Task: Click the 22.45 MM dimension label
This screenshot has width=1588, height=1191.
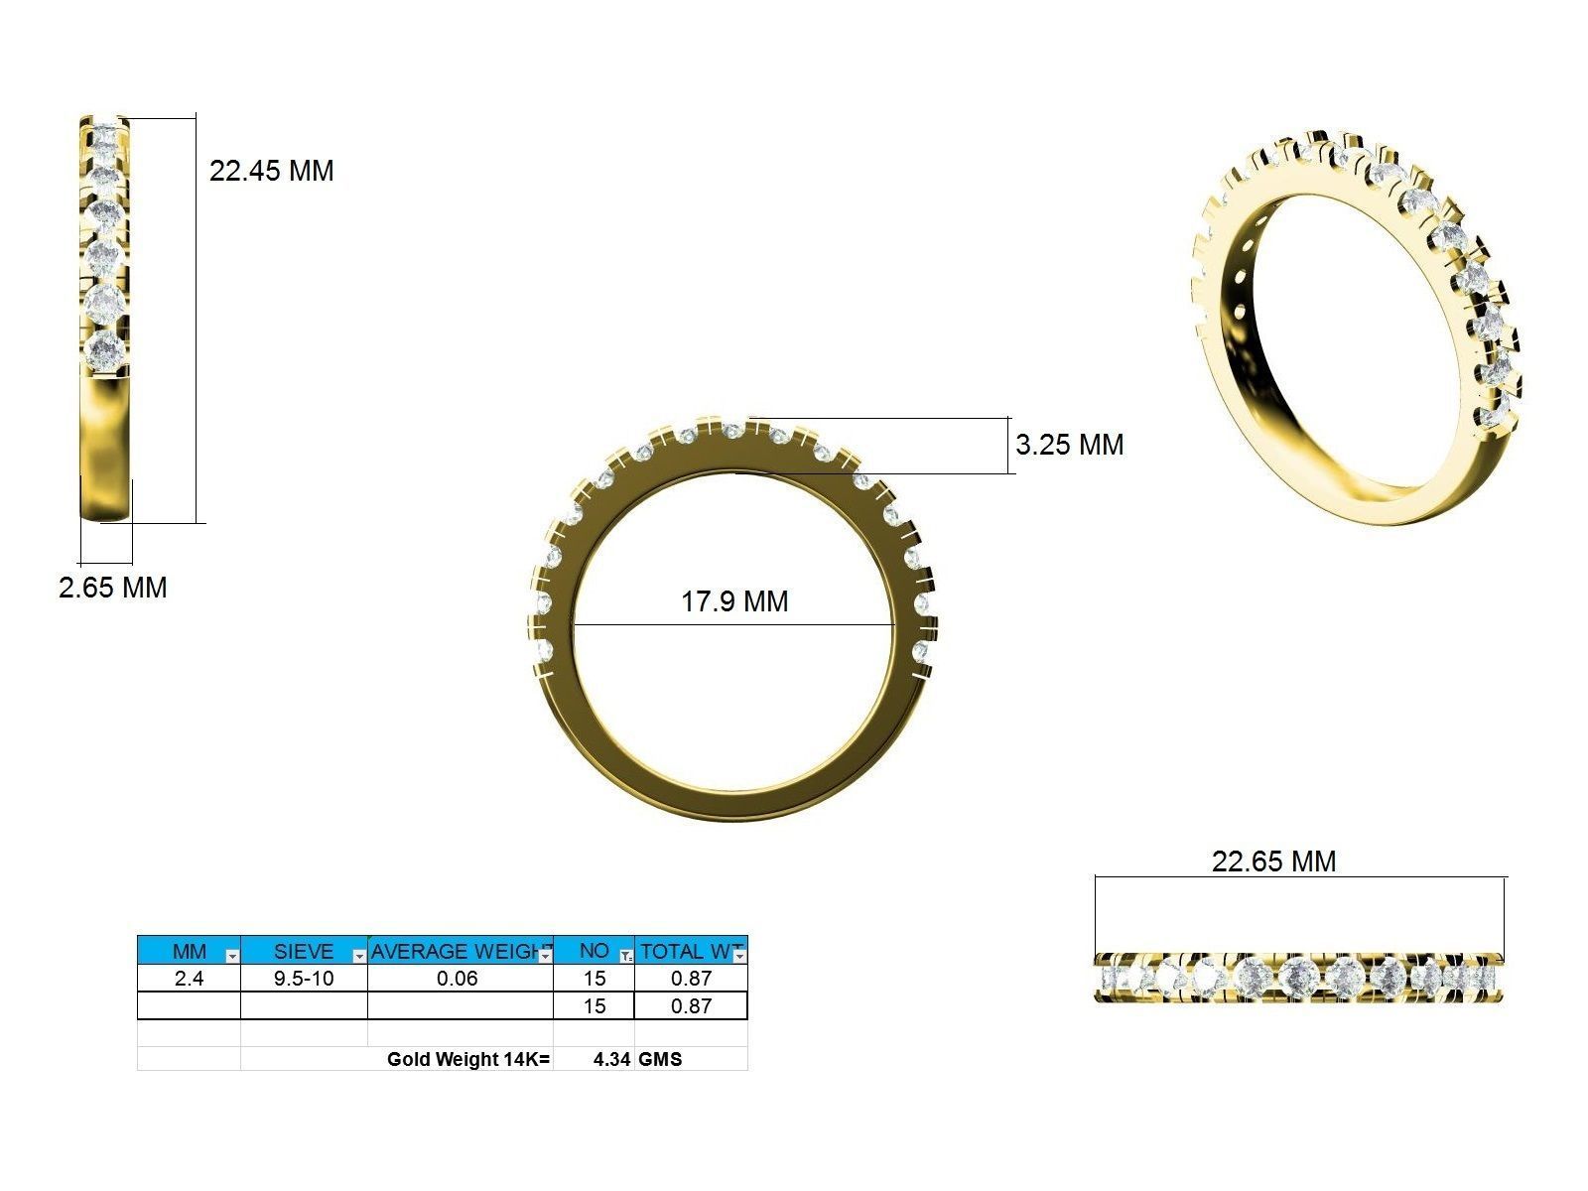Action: (271, 171)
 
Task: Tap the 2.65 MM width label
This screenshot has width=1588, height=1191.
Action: (113, 588)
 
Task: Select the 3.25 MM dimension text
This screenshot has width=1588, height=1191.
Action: (1069, 445)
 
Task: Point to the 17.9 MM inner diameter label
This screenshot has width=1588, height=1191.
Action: (734, 601)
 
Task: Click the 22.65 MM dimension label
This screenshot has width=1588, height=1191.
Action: (1273, 861)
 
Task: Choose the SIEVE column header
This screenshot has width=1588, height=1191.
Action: (303, 951)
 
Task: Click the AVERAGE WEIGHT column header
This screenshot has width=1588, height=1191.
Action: (459, 951)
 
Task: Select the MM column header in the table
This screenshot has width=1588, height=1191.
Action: (189, 951)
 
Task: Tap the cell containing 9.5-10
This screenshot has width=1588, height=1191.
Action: (304, 979)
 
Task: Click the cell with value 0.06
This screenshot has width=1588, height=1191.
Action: (458, 979)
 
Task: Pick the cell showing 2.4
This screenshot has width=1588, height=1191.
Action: (189, 979)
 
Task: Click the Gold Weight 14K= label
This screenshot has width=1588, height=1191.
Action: (467, 1059)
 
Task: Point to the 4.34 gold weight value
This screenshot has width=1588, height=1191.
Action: (611, 1059)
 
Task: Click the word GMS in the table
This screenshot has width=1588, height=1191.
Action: (660, 1059)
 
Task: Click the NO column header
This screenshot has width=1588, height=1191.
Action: (594, 951)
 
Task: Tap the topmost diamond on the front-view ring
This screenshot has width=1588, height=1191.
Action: (732, 430)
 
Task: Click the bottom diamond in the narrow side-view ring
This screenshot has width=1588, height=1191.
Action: (105, 350)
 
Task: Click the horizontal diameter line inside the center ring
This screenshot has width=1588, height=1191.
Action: (734, 625)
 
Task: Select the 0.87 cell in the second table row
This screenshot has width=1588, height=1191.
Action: (691, 1006)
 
